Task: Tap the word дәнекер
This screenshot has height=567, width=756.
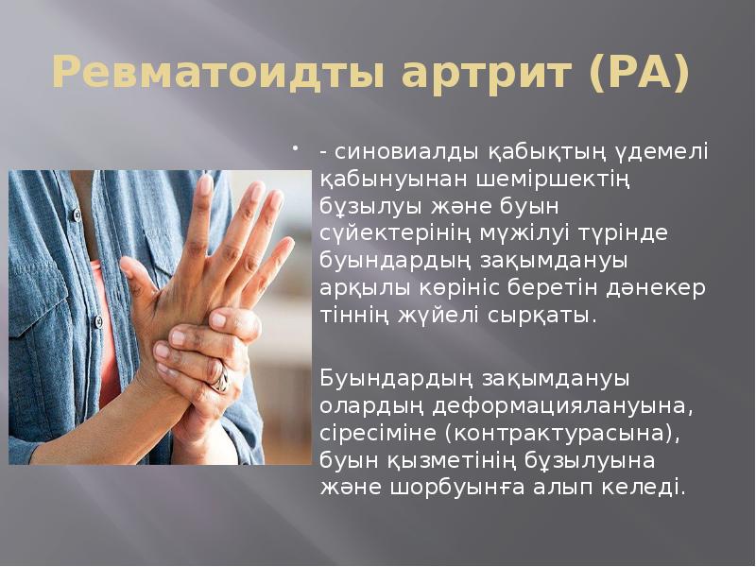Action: tap(656, 288)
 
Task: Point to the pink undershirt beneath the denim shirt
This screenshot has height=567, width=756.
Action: tap(104, 331)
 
